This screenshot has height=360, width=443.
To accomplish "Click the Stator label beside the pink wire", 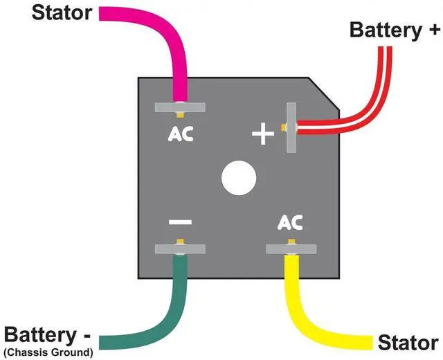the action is tap(62, 12).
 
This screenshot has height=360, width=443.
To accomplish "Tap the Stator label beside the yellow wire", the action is tap(408, 343).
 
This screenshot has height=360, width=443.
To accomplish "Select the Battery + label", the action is tap(395, 30).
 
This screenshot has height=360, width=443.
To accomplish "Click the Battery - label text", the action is tap(48, 335).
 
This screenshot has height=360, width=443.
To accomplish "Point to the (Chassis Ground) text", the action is tap(48, 352).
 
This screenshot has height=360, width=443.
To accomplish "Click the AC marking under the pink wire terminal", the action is tap(181, 134).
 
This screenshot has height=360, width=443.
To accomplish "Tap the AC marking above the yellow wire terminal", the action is tap(290, 222).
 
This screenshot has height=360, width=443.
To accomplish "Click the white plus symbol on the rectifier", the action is tap(263, 134).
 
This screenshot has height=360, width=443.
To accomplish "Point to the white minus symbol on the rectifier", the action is tap(180, 222).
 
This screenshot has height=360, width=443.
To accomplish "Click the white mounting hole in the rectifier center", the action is tap(239, 178).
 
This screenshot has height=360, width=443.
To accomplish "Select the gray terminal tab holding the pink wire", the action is tap(180, 107).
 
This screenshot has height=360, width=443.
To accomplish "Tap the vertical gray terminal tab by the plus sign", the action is tap(291, 127).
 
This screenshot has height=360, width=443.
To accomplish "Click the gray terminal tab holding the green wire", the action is tap(180, 249).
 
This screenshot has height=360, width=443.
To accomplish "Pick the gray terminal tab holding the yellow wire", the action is tap(291, 249).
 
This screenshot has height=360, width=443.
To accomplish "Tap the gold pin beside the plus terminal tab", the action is tap(283, 127).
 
